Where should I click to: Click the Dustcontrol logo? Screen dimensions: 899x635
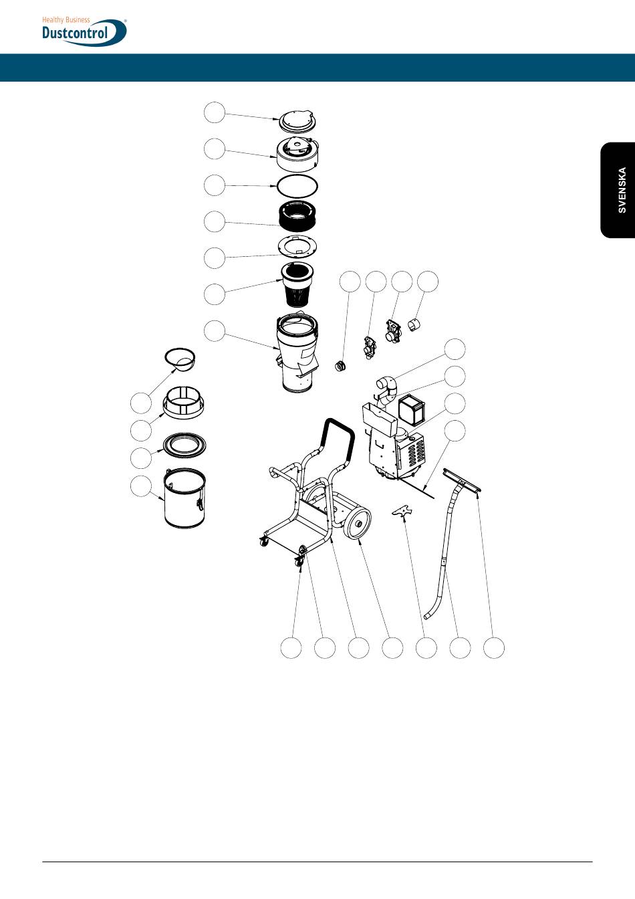click(84, 31)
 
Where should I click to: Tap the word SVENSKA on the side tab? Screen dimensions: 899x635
click(622, 190)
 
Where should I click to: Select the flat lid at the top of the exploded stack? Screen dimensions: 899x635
click(297, 122)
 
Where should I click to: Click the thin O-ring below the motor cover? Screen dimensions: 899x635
click(297, 186)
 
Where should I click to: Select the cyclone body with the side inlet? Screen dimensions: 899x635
click(297, 351)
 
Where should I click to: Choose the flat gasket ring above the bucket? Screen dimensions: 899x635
click(185, 445)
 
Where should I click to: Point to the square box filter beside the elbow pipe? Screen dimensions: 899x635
click(412, 409)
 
